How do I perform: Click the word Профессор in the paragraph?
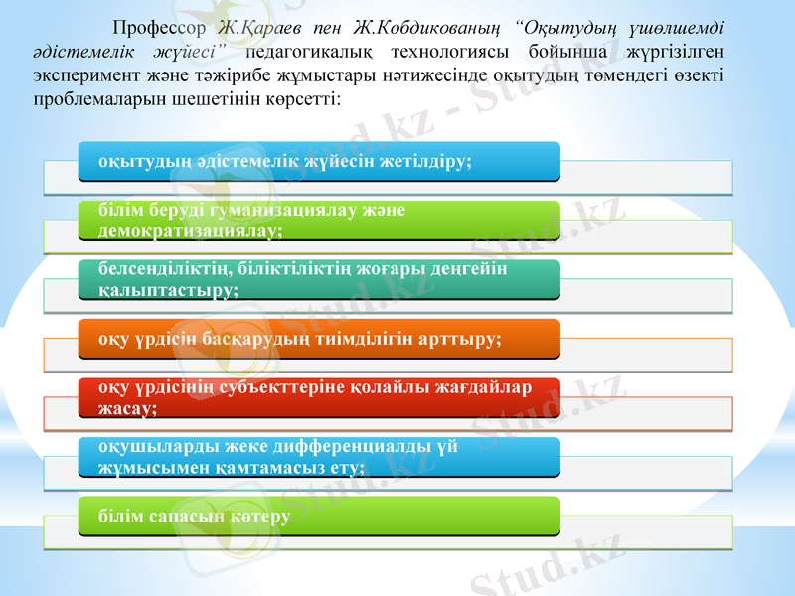[159, 27]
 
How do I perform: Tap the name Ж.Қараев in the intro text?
[259, 27]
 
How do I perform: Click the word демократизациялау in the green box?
[189, 230]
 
